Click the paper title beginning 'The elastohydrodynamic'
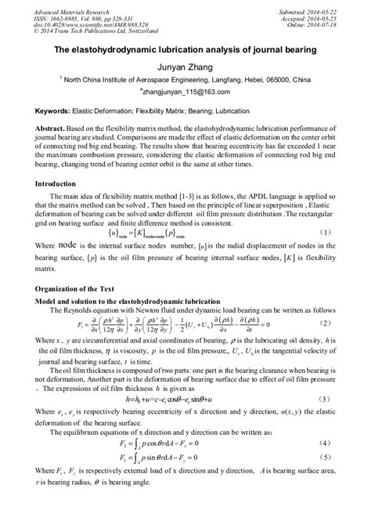click(x=185, y=50)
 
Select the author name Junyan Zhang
click(x=185, y=67)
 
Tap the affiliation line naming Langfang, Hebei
click(x=185, y=80)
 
